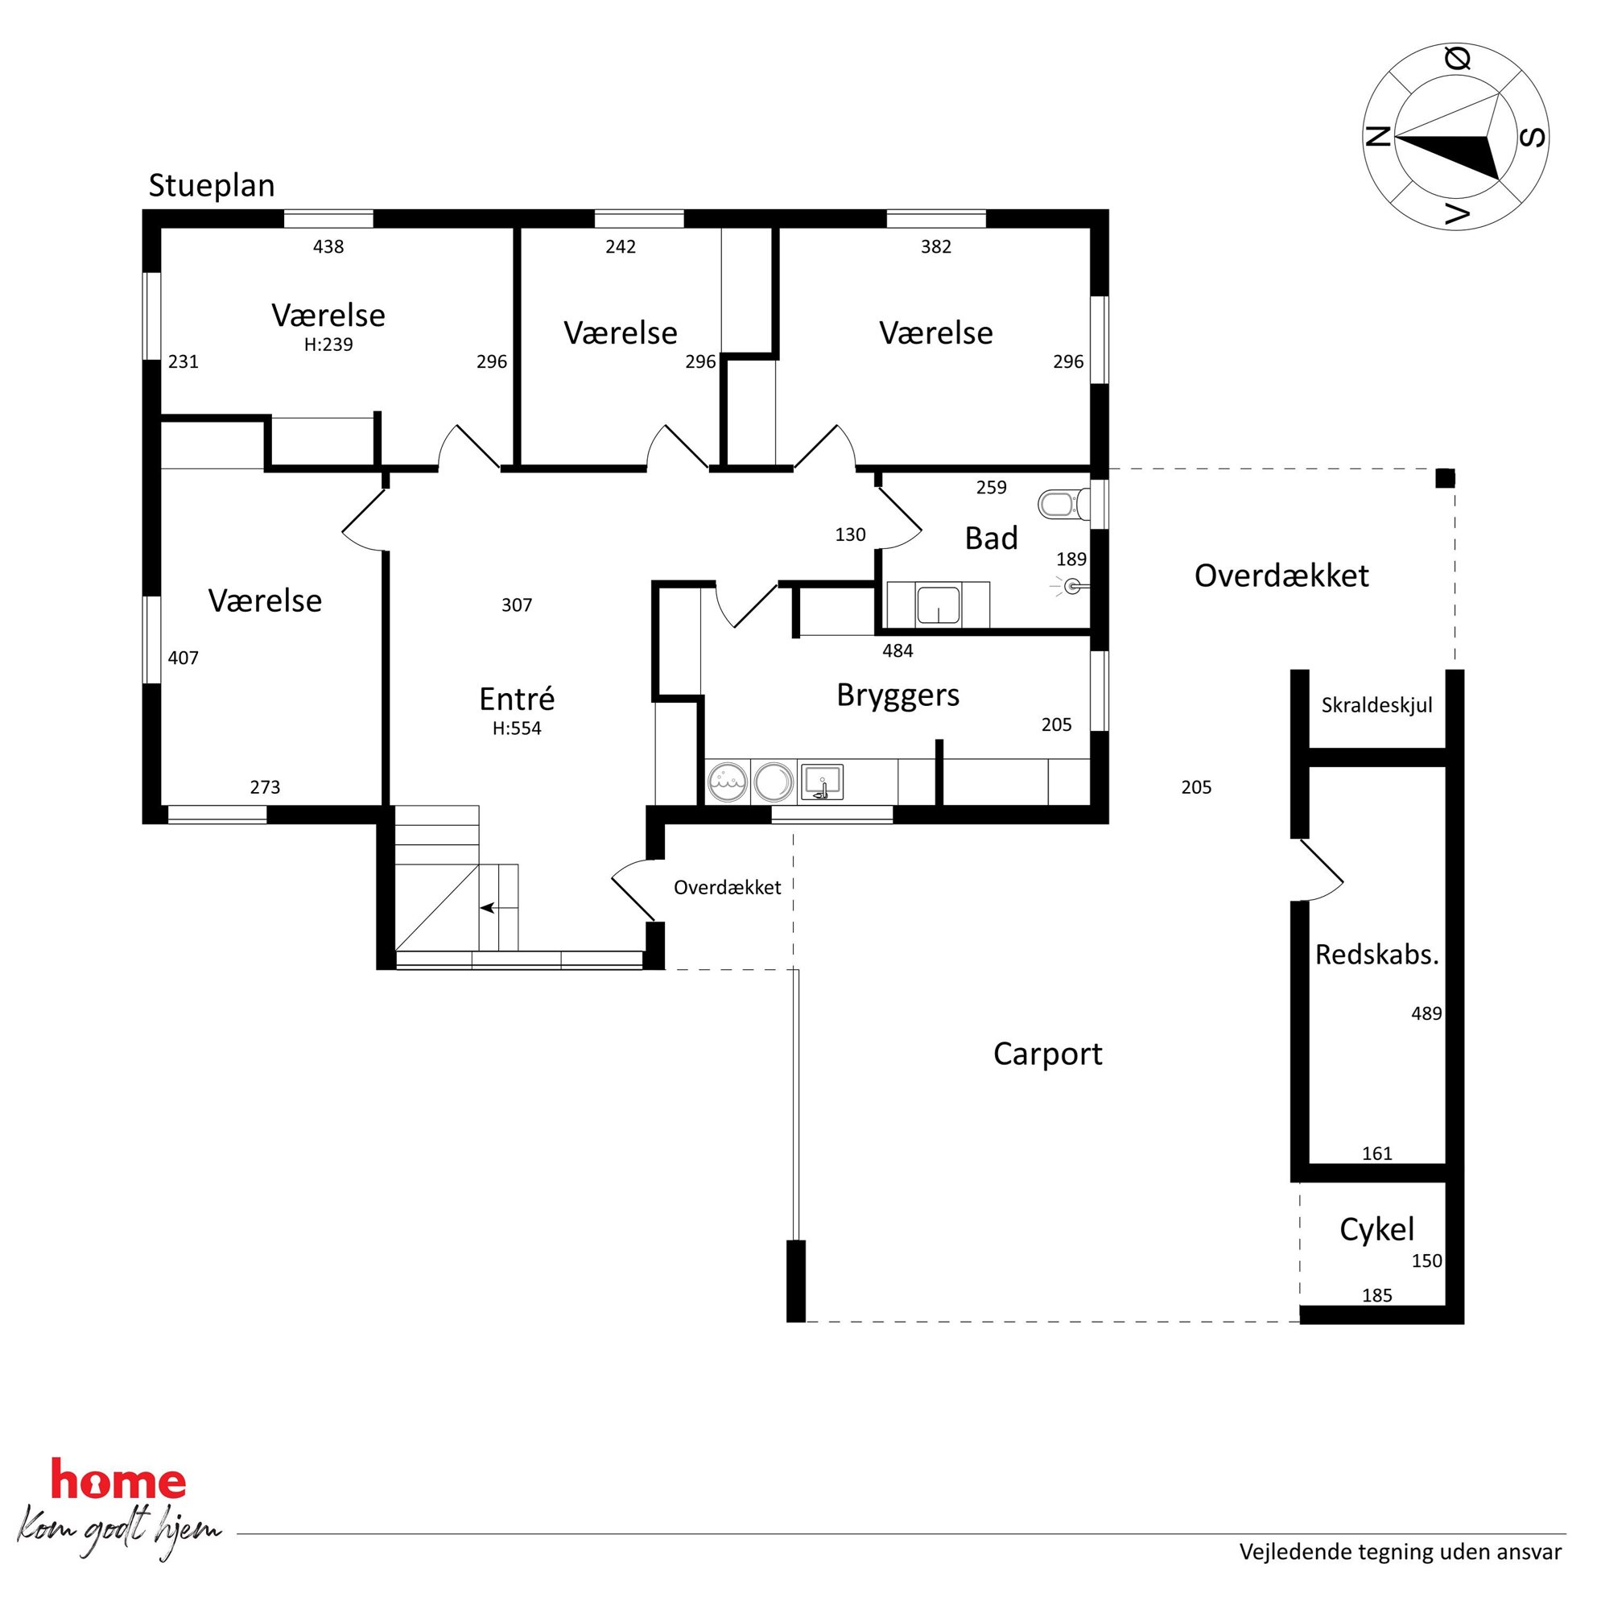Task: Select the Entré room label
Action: tap(517, 699)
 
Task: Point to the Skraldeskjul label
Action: tap(1376, 705)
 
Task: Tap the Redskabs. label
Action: tap(1377, 955)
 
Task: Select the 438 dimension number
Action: tap(328, 246)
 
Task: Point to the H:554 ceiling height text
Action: tap(517, 728)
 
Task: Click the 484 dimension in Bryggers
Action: tap(898, 650)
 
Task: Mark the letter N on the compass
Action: tap(1377, 136)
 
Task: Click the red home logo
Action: tap(118, 1480)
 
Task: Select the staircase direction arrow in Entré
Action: tap(489, 908)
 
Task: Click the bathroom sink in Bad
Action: tap(939, 605)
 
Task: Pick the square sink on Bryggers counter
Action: tap(822, 782)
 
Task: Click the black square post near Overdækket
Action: tap(1445, 478)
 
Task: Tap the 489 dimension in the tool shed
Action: tap(1426, 1013)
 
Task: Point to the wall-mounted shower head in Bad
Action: tap(1072, 587)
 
